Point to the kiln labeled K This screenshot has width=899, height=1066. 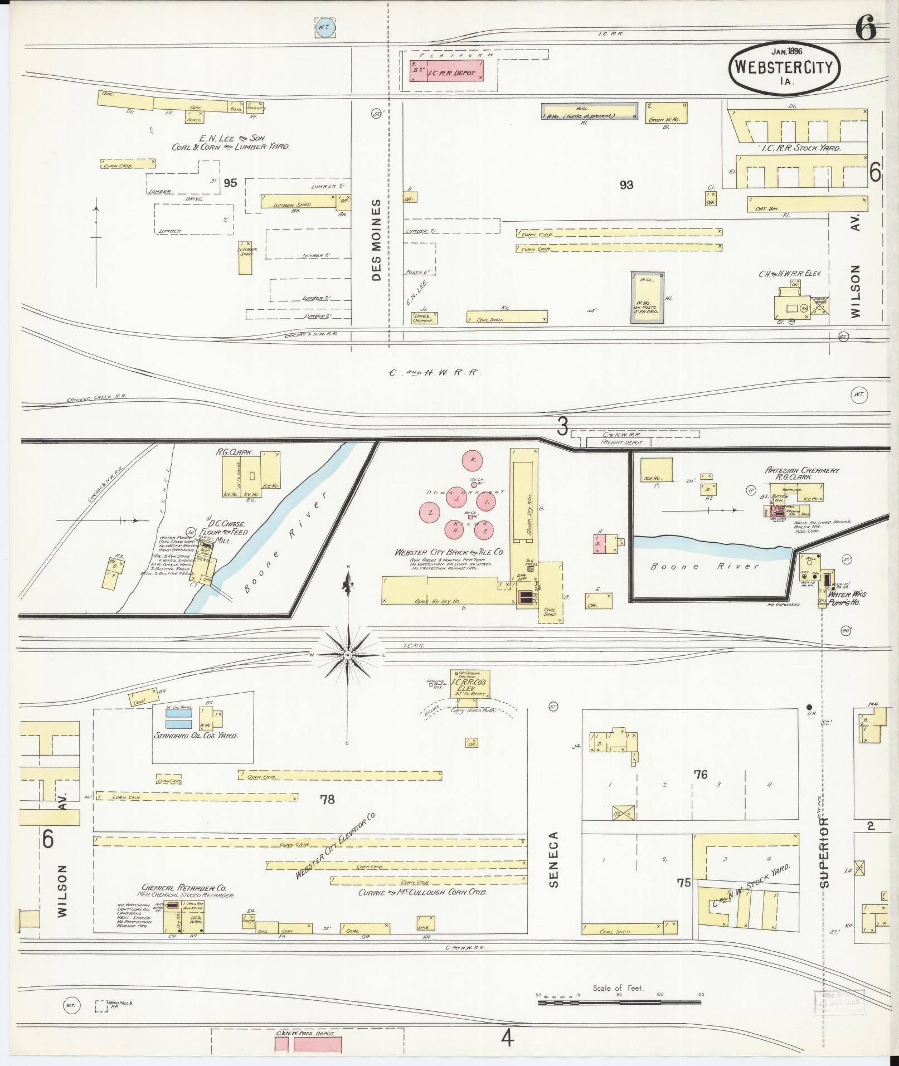coord(473,460)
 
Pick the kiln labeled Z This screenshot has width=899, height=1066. coord(431,513)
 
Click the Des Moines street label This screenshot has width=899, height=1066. coord(376,240)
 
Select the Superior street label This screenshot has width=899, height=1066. coord(824,852)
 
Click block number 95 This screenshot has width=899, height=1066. coord(230,182)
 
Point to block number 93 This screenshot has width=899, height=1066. coord(626,184)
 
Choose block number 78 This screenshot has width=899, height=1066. coord(327,800)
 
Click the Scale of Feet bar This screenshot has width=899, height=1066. coord(619,1002)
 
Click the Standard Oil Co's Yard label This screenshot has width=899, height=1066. coord(196,736)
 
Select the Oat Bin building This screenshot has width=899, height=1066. coord(807,204)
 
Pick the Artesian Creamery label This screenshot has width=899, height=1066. coord(794,470)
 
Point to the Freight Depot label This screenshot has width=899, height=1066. coord(621,442)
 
